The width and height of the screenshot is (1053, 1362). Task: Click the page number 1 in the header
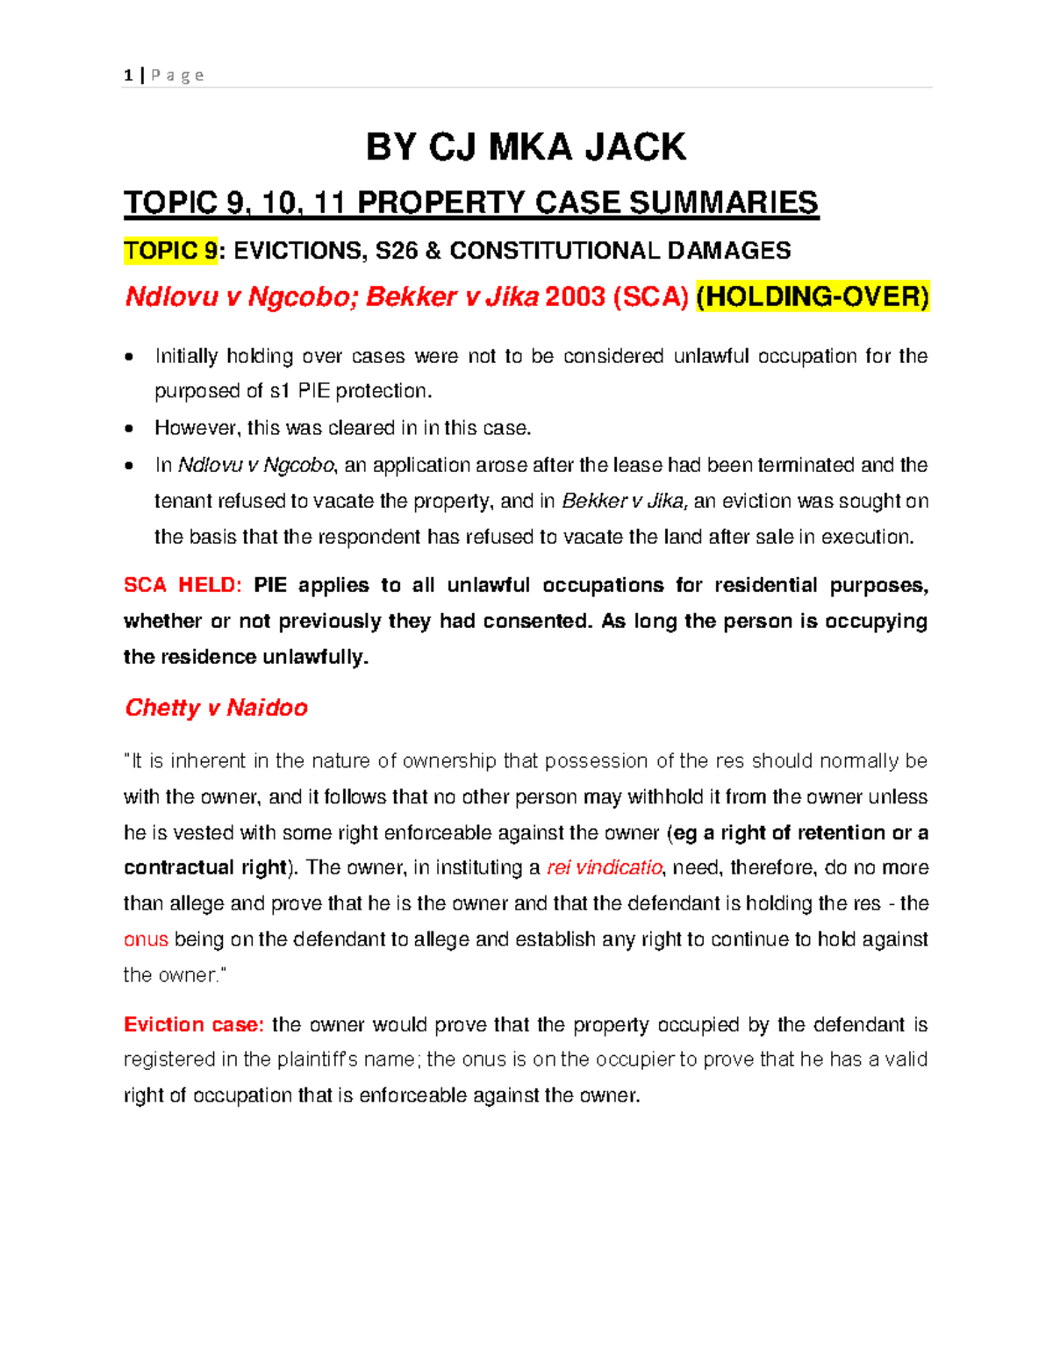[x=128, y=75]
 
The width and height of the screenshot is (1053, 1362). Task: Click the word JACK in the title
[x=635, y=147]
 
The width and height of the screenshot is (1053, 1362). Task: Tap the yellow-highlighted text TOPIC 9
[x=170, y=251]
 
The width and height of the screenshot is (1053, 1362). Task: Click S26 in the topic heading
[x=397, y=251]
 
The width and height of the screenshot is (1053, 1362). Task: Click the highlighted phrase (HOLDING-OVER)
[x=813, y=297]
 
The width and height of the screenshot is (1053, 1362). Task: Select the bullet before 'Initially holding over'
[x=130, y=357]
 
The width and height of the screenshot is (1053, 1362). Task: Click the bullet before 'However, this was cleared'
[x=130, y=429]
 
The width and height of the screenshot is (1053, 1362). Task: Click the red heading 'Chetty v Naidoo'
[x=216, y=708]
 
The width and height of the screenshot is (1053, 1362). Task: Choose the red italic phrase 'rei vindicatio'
[x=605, y=867]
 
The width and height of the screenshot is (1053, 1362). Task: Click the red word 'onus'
[x=146, y=939]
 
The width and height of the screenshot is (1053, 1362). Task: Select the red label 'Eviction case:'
[x=193, y=1024]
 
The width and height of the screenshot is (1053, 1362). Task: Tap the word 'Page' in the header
[x=177, y=75]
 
